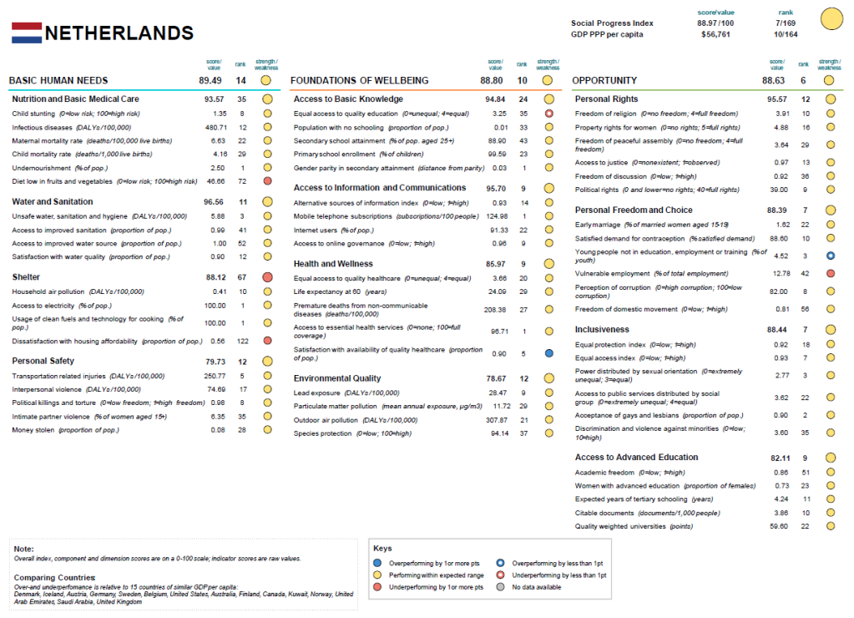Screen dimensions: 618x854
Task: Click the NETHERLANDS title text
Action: pyautogui.click(x=119, y=33)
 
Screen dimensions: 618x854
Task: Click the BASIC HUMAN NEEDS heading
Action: pyautogui.click(x=58, y=81)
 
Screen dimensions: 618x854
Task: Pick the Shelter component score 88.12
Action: pyautogui.click(x=215, y=276)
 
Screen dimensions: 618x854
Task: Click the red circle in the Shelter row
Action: pyautogui.click(x=267, y=276)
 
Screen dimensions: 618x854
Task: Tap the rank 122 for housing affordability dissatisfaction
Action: pyautogui.click(x=242, y=341)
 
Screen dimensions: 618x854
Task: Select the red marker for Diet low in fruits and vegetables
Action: pyautogui.click(x=267, y=180)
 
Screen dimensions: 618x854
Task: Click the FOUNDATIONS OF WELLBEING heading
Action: pyautogui.click(x=360, y=81)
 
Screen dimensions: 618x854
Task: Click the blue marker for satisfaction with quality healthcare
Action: pyautogui.click(x=548, y=353)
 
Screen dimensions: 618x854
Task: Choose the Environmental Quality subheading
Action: pyautogui.click(x=337, y=378)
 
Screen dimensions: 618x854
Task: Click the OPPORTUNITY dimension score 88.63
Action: pyautogui.click(x=773, y=81)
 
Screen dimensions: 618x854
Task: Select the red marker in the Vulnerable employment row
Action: pyautogui.click(x=831, y=274)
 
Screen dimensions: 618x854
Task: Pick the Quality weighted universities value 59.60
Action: pyautogui.click(x=778, y=526)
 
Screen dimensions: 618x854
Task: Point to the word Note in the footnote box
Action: pyautogui.click(x=23, y=549)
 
